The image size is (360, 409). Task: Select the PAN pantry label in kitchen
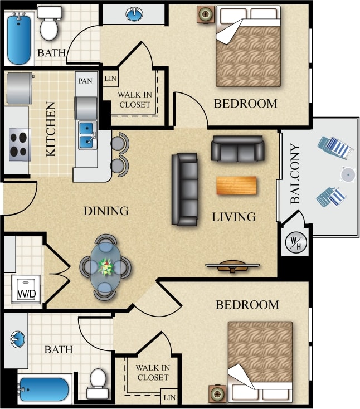pyautogui.click(x=85, y=81)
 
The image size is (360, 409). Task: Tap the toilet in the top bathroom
pyautogui.click(x=49, y=24)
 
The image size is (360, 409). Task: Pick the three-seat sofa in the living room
pyautogui.click(x=184, y=189)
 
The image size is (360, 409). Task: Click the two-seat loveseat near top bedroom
pyautogui.click(x=237, y=148)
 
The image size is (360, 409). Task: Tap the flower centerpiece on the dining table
pyautogui.click(x=106, y=267)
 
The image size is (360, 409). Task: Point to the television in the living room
pyautogui.click(x=233, y=266)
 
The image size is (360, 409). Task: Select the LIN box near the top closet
pyautogui.click(x=110, y=79)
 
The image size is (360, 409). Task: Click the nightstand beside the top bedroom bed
pyautogui.click(x=206, y=14)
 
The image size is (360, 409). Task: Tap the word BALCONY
pyautogui.click(x=296, y=173)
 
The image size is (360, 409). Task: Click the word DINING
pyautogui.click(x=106, y=211)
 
